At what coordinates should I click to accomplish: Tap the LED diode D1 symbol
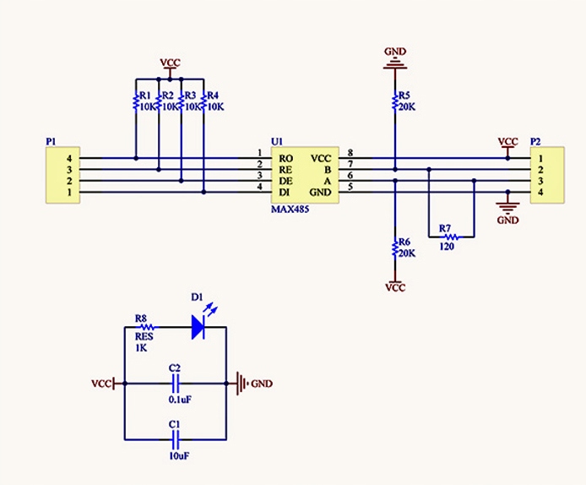click(x=198, y=326)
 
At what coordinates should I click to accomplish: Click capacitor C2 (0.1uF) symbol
click(x=176, y=384)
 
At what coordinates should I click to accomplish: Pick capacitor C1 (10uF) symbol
click(x=176, y=439)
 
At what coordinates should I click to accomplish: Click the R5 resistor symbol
click(x=394, y=101)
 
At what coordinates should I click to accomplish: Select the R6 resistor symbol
click(x=394, y=248)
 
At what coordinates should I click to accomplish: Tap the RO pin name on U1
click(x=286, y=158)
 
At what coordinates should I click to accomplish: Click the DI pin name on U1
click(x=285, y=193)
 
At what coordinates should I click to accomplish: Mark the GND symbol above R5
click(x=395, y=62)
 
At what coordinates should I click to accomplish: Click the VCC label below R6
click(x=394, y=287)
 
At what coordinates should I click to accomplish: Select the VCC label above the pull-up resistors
click(x=170, y=63)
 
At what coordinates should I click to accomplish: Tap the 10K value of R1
click(x=147, y=107)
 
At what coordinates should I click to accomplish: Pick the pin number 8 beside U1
click(x=350, y=153)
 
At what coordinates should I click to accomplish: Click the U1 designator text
click(x=276, y=141)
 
